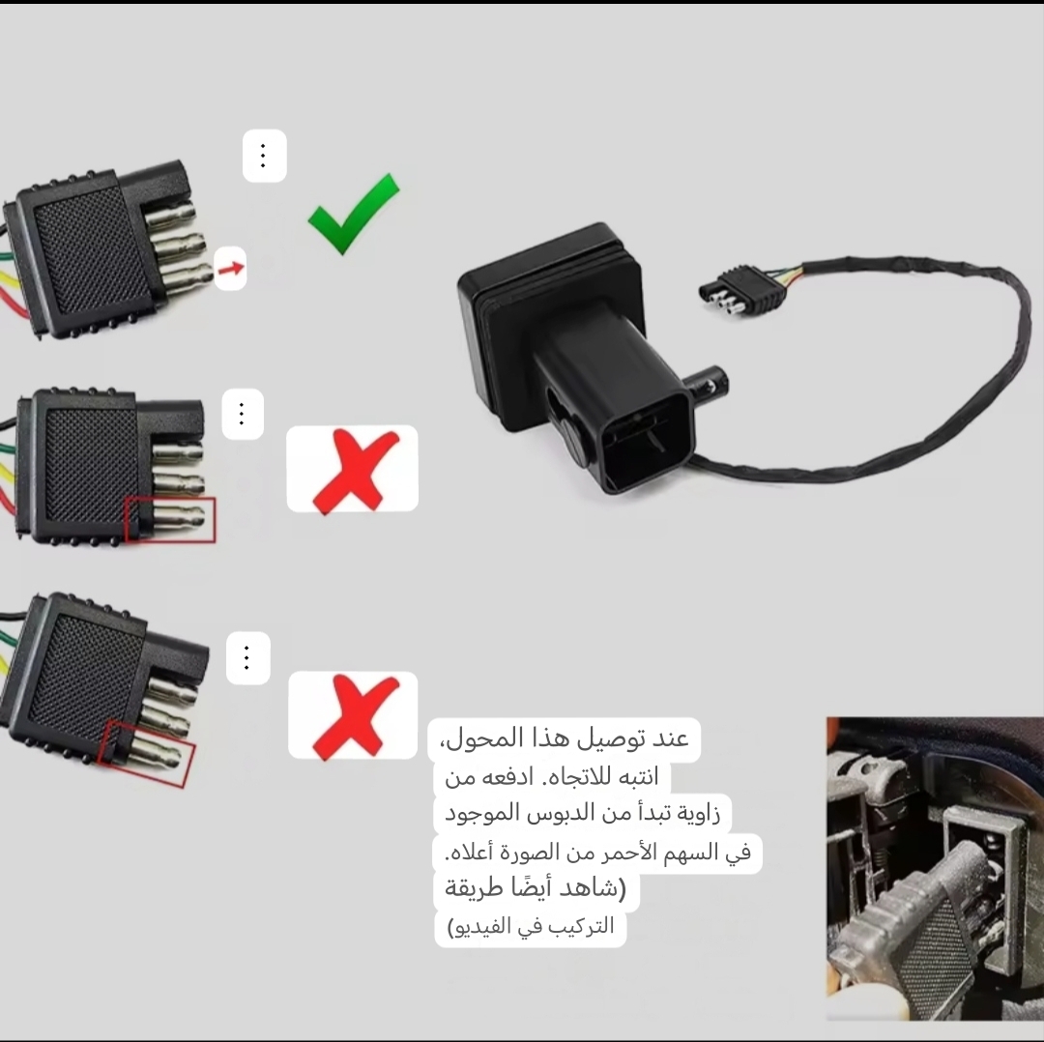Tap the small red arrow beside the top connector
point(231,269)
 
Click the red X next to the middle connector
point(354,471)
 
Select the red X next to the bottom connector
point(355,716)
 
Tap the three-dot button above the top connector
point(264,156)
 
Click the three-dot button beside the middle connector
point(243,414)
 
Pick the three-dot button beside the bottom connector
point(247,658)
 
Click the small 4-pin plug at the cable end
point(742,290)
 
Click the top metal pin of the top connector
point(172,215)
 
